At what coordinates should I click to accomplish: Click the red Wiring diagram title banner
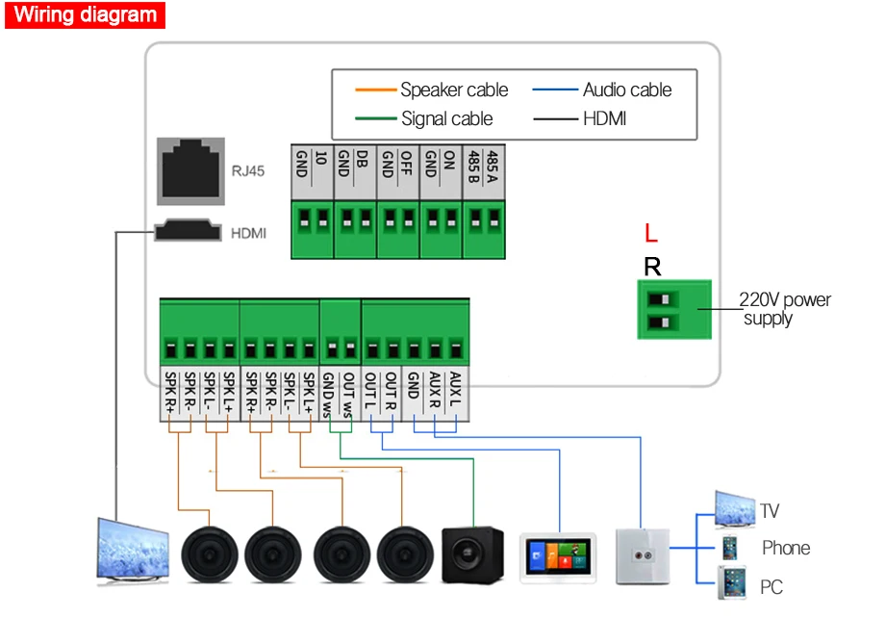85,14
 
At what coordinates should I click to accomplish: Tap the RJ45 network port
190,171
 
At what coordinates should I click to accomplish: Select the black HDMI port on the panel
188,230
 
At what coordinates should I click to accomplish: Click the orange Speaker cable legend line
376,90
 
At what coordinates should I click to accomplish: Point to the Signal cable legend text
447,118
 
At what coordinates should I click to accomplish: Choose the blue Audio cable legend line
555,90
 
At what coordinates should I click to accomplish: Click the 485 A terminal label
493,167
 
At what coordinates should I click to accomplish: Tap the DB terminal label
363,159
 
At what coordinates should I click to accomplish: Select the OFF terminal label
406,163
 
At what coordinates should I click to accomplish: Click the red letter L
651,232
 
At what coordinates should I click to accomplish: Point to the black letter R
652,266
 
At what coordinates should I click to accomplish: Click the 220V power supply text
785,308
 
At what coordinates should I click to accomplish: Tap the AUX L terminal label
455,389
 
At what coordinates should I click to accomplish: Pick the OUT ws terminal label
349,395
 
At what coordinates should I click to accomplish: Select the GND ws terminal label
328,395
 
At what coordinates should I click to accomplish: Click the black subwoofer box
472,554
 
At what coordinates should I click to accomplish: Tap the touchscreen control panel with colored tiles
558,557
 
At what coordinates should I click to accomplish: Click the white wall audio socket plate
643,556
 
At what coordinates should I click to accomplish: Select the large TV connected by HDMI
133,551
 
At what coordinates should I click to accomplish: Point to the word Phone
786,548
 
